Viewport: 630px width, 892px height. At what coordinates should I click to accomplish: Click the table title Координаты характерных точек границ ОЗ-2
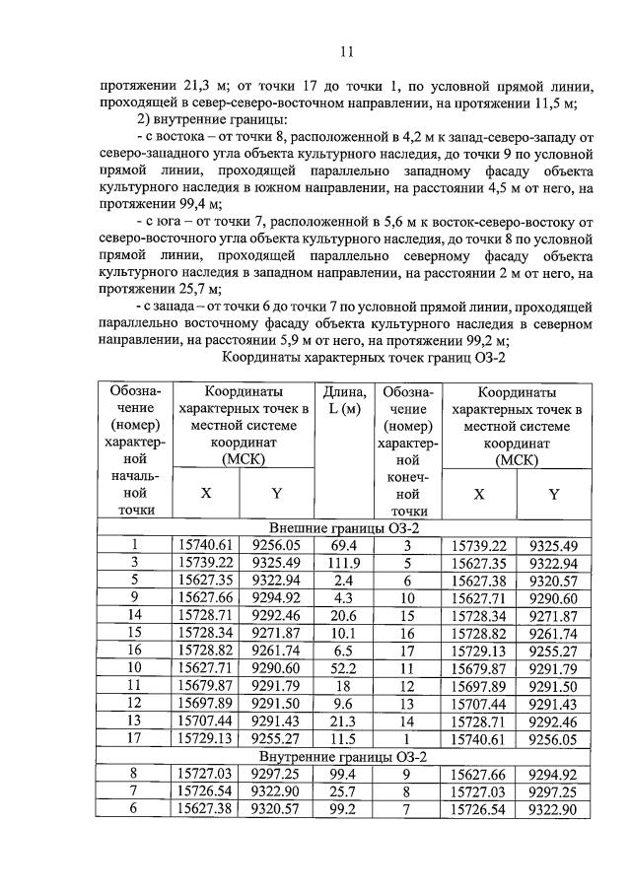click(364, 357)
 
